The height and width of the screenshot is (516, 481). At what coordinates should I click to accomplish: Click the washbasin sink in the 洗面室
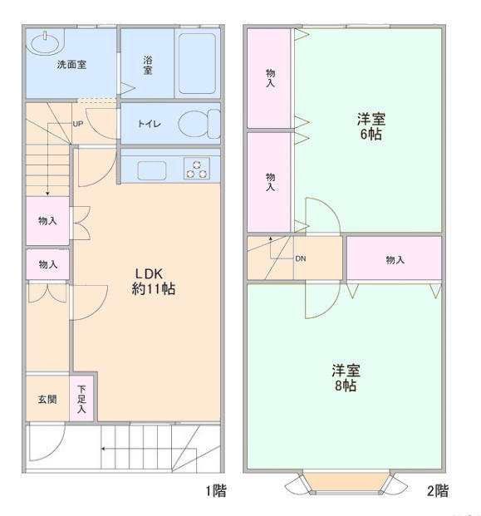(45, 42)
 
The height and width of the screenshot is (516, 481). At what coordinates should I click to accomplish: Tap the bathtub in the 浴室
(197, 63)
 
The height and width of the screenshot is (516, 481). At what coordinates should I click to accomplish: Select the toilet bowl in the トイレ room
(199, 124)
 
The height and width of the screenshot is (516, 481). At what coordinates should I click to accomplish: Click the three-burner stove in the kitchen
(197, 169)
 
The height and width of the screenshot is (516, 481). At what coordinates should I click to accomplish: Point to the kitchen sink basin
(151, 170)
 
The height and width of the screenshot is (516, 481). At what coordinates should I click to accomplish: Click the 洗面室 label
(71, 65)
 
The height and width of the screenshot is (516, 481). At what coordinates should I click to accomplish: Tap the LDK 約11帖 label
(154, 282)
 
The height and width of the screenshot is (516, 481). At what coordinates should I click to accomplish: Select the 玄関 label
(47, 400)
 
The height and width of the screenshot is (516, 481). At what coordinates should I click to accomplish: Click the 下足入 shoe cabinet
(81, 399)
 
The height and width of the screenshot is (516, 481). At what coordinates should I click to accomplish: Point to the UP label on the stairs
(77, 124)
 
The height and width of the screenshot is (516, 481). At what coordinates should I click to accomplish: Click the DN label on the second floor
(301, 258)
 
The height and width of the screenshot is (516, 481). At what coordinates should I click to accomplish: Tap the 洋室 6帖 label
(371, 126)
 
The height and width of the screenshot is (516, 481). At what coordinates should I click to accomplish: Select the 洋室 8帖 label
(346, 377)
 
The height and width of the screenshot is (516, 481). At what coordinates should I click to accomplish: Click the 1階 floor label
(216, 491)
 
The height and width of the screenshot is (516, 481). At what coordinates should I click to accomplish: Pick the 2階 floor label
(438, 491)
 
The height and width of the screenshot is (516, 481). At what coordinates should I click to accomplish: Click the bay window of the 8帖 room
(346, 483)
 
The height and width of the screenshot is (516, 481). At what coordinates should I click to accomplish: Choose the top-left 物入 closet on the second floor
(269, 78)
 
